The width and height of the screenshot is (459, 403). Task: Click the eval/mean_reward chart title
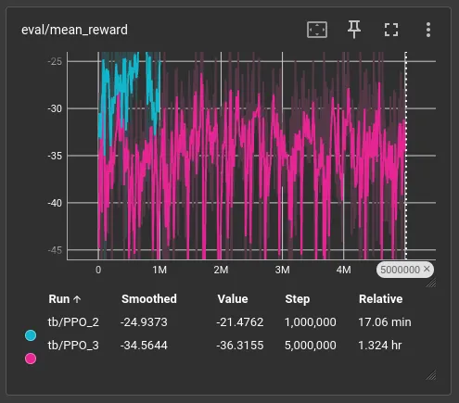pos(74,30)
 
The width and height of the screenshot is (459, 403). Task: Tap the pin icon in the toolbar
pos(354,30)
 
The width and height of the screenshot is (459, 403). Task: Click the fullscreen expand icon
pos(391,30)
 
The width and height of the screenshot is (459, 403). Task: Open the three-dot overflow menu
pos(428,30)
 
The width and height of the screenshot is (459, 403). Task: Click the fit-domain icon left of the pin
pos(317,30)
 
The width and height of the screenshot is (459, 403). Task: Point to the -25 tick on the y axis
pos(55,61)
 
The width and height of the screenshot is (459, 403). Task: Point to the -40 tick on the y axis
pos(55,203)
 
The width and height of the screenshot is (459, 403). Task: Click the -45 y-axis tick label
pos(55,250)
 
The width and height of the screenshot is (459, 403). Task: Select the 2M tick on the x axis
pos(221,270)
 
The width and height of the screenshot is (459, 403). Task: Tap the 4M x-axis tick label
pos(344,270)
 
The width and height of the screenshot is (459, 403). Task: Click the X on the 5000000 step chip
pos(427,269)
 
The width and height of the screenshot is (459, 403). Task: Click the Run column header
pos(59,299)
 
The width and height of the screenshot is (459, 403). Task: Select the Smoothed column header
pos(149,299)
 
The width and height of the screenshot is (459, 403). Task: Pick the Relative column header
pos(381,299)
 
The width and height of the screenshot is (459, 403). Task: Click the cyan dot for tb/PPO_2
pos(31,335)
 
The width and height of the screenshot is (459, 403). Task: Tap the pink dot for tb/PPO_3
pos(31,359)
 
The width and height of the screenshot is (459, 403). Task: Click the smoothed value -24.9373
pos(144,322)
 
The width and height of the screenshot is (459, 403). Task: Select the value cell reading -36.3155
pos(240,346)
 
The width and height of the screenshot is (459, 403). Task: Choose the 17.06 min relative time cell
pos(385,322)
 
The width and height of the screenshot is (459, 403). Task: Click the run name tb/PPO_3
pos(73,346)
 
